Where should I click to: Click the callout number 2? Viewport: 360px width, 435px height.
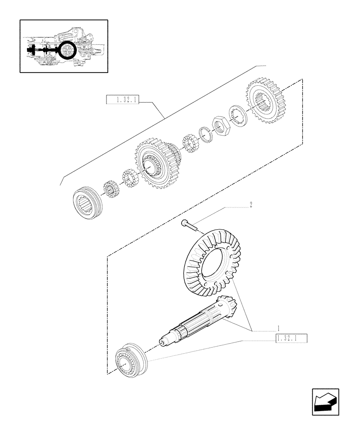click(250, 204)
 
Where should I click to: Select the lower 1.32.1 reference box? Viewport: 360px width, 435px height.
click(290, 339)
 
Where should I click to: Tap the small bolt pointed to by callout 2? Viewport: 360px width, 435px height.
click(187, 224)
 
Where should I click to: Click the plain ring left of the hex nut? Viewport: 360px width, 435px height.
click(205, 134)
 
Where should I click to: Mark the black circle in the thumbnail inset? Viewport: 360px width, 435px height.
click(68, 50)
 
